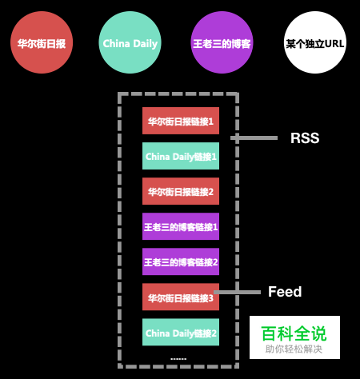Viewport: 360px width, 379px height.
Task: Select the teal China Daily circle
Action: point(130,43)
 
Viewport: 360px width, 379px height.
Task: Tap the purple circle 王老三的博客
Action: point(222,43)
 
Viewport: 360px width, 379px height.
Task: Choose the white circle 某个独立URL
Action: point(315,43)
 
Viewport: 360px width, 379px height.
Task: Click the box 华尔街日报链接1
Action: point(181,121)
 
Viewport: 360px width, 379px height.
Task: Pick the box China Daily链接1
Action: point(181,156)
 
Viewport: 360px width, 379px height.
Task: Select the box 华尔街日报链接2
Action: point(181,191)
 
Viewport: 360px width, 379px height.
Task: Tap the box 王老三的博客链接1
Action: point(181,226)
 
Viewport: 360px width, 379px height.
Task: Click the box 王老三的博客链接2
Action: point(181,261)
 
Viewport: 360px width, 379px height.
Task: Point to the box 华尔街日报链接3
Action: point(181,297)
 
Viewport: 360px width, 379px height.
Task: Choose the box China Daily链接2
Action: point(181,332)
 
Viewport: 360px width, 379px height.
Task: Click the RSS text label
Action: point(305,138)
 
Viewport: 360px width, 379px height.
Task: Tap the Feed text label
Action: point(285,292)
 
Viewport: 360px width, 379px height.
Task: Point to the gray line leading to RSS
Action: point(254,138)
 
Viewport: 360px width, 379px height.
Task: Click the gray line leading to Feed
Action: point(238,293)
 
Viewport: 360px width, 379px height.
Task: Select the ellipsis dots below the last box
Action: point(178,359)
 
